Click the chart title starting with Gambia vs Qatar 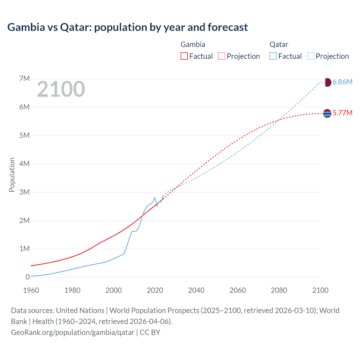point(127,27)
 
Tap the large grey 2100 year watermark point(61,89)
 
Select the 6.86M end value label point(342,82)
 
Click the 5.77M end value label point(342,113)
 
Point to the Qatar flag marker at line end point(327,82)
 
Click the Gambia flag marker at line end point(327,113)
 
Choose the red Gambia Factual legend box point(184,56)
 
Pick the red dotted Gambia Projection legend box point(222,56)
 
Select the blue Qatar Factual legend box point(273,56)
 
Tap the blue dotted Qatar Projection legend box point(311,56)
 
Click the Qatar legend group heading point(279,44)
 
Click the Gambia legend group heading point(193,44)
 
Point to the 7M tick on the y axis point(24,78)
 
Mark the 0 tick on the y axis point(28,277)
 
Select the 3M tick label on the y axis point(24,192)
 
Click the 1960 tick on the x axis point(31,290)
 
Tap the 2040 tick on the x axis point(196,290)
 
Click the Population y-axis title point(12,175)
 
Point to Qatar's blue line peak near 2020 point(155,198)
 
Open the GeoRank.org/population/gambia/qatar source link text point(73,332)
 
